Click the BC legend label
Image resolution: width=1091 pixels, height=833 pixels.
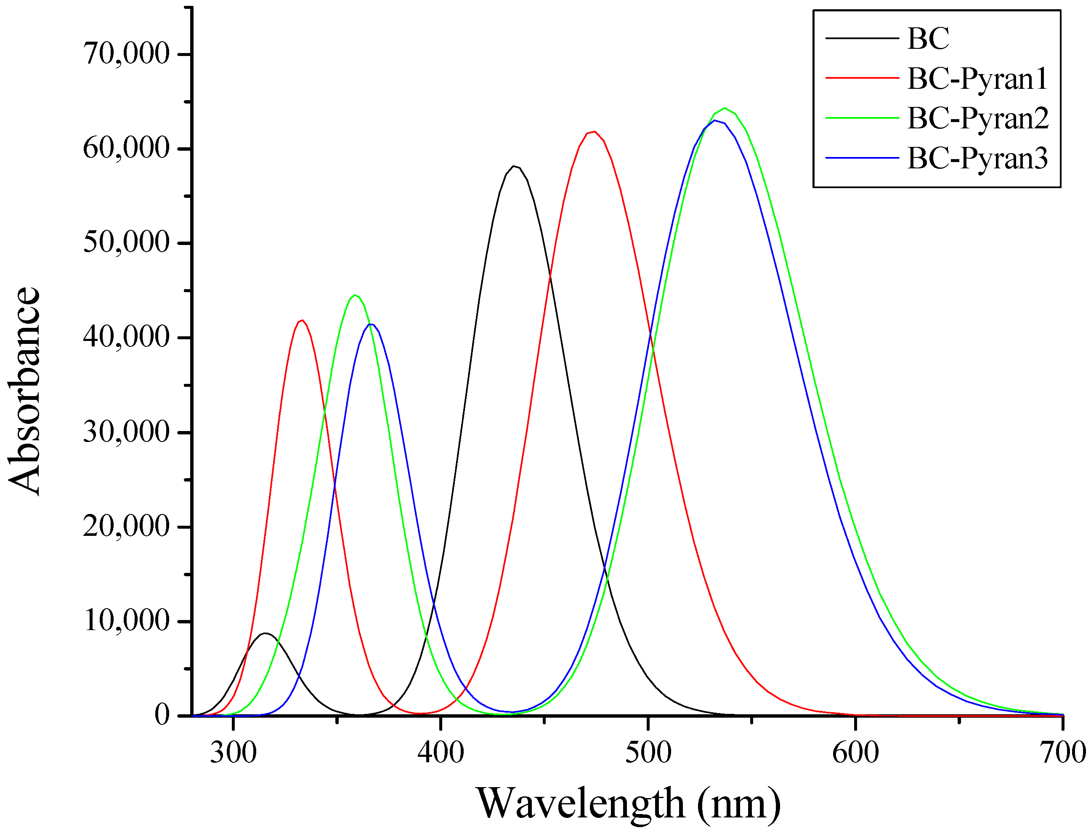927,38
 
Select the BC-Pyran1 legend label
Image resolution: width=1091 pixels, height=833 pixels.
977,78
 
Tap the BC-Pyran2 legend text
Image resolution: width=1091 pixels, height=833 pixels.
977,119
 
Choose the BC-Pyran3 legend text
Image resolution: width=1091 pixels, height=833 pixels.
977,159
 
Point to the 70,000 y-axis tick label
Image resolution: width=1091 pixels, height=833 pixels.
126,53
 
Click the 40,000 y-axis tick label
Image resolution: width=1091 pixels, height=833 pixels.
126,337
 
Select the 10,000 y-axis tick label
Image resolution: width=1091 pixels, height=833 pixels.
126,620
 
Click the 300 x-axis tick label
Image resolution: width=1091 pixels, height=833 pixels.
233,752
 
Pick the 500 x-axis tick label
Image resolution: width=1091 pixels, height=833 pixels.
648,752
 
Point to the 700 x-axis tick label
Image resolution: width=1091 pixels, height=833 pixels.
1063,752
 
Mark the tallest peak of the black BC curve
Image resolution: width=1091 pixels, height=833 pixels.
514,166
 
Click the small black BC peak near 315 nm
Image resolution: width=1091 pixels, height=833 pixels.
265,633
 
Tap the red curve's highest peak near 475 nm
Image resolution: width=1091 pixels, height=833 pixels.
594,131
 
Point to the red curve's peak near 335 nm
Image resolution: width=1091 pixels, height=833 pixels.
302,320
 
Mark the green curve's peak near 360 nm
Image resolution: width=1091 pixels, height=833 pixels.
355,295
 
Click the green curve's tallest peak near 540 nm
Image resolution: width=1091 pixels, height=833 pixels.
725,108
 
